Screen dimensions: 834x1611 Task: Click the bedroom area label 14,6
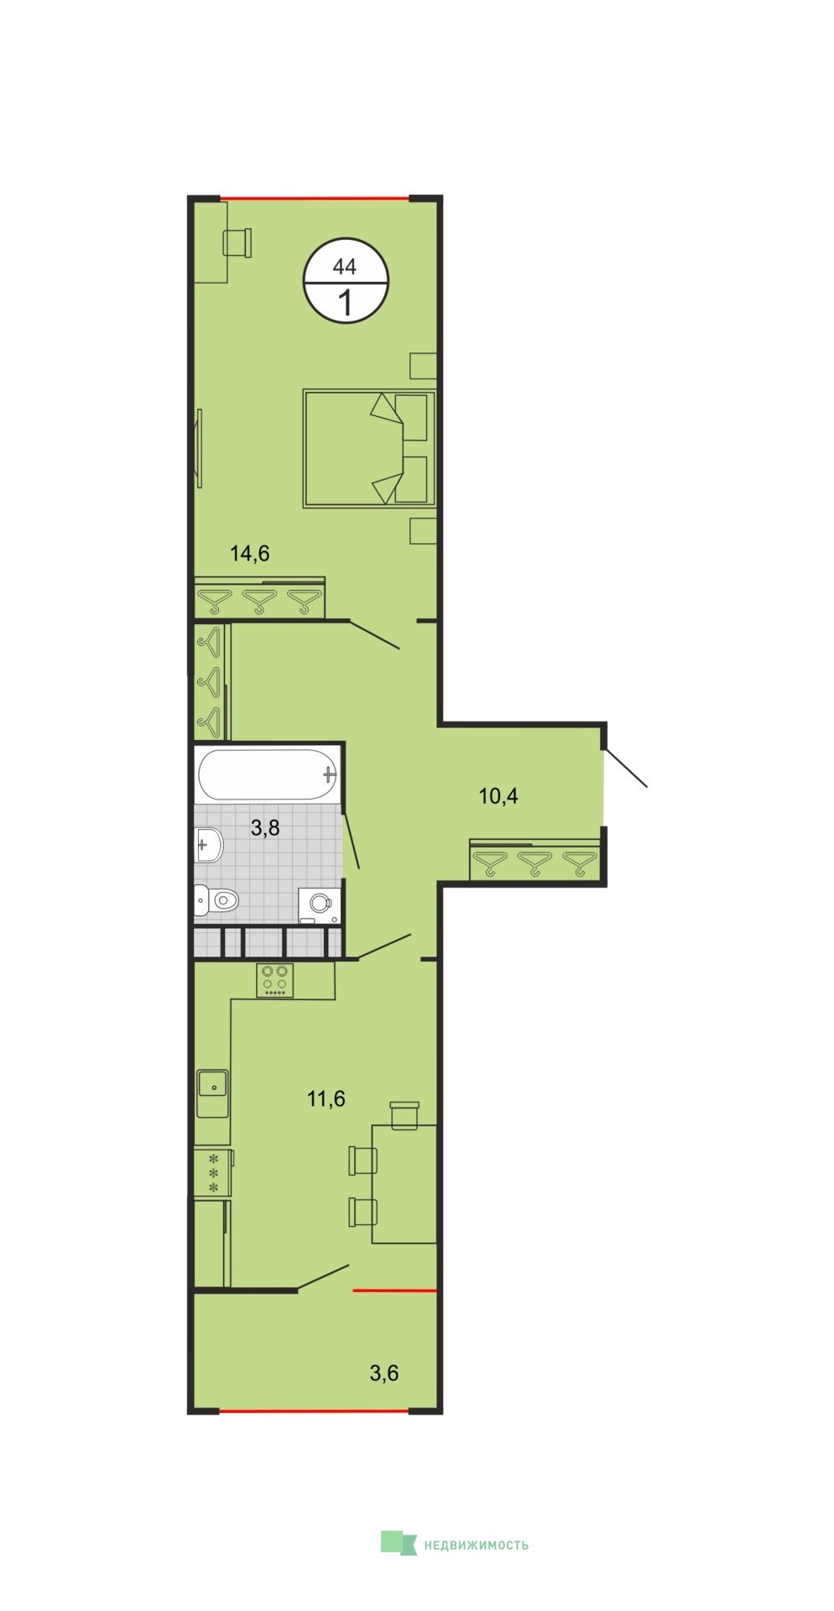click(x=249, y=553)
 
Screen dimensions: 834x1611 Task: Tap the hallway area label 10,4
click(x=498, y=795)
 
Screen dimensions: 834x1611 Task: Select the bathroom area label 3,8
click(x=265, y=828)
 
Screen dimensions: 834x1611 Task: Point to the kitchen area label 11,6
click(x=326, y=1098)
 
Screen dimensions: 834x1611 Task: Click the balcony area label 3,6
click(x=384, y=1374)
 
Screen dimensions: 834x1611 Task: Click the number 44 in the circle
click(x=345, y=267)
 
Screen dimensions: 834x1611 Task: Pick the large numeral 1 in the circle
click(x=346, y=301)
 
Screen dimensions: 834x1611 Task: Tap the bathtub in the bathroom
click(x=268, y=774)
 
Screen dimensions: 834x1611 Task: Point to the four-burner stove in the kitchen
click(x=275, y=980)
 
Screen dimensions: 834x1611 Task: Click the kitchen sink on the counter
click(x=213, y=1093)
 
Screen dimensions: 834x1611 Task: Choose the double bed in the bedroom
click(x=369, y=448)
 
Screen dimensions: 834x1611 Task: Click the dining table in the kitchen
click(x=404, y=1184)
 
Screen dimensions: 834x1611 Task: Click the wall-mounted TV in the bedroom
click(x=199, y=447)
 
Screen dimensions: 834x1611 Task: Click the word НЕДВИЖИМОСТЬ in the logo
click(x=477, y=1545)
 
